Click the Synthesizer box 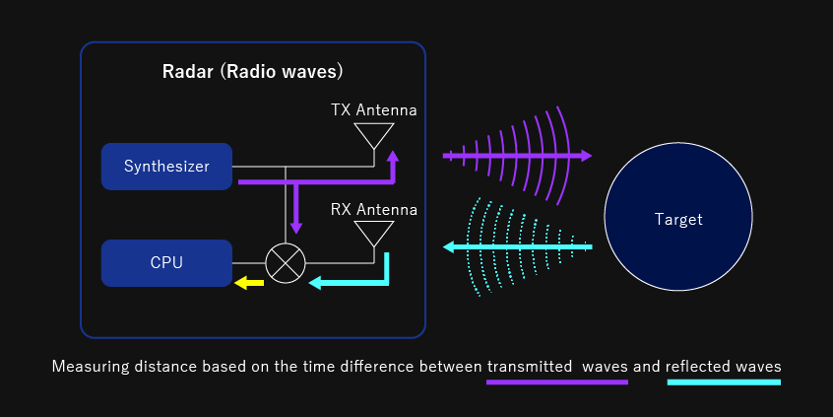click(x=166, y=167)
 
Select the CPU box click(x=166, y=263)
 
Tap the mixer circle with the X click(x=286, y=263)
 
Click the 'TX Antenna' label click(x=374, y=110)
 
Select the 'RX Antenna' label click(x=374, y=210)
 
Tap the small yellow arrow click(x=249, y=283)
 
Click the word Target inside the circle click(x=678, y=219)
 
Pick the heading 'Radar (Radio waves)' click(x=253, y=72)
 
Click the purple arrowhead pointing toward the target click(x=586, y=156)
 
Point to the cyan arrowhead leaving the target click(x=449, y=246)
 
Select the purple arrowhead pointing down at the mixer click(x=296, y=228)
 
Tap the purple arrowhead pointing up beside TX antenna click(x=393, y=156)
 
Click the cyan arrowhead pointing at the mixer click(x=314, y=283)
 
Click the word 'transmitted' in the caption click(x=529, y=367)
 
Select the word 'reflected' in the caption click(x=699, y=367)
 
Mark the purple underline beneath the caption click(x=557, y=382)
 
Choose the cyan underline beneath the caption click(x=724, y=382)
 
